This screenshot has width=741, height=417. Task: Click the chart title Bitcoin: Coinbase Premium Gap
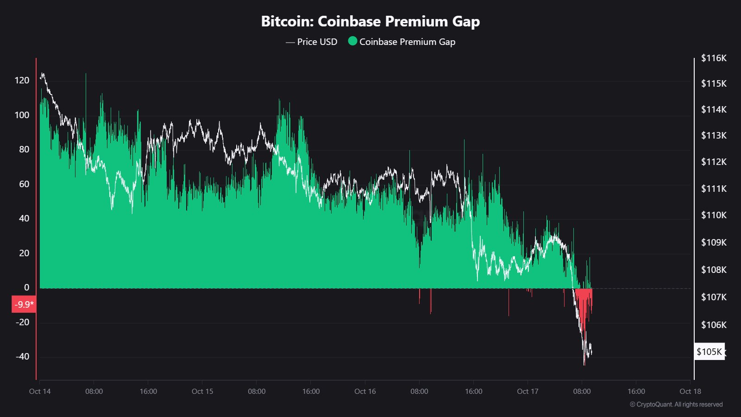click(370, 21)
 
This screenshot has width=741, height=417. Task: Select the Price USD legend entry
click(312, 42)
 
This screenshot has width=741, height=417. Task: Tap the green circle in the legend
click(352, 41)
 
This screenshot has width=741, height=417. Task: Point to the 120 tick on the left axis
click(22, 80)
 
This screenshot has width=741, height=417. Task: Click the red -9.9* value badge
click(24, 304)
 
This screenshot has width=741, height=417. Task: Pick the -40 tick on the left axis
click(22, 356)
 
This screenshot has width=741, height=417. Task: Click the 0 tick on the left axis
click(26, 287)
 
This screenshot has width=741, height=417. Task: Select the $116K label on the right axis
click(714, 58)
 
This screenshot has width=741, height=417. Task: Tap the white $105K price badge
click(709, 352)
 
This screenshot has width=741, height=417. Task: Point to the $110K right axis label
click(714, 215)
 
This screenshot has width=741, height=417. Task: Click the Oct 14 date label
click(40, 391)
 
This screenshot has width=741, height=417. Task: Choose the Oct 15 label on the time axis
click(202, 391)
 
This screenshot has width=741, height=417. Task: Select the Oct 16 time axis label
click(365, 391)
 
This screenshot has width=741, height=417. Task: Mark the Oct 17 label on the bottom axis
click(527, 391)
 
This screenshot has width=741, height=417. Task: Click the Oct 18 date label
click(690, 391)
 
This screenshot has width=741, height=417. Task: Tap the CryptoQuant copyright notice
click(676, 404)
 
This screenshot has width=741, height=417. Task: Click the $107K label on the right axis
click(714, 297)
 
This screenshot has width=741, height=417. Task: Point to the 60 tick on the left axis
click(24, 184)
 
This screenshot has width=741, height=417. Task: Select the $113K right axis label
click(714, 135)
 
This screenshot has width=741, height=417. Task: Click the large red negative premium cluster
click(584, 303)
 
